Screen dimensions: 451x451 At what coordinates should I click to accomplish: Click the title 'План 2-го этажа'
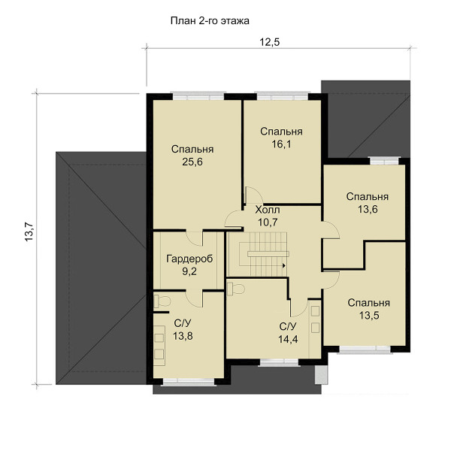210,21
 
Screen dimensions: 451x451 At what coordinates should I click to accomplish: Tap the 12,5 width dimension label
270,42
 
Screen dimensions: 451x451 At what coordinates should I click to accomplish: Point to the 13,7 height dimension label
29,232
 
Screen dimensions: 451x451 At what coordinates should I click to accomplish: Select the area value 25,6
192,162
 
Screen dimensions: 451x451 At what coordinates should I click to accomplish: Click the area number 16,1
281,144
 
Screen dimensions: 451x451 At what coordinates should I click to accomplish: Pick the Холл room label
268,210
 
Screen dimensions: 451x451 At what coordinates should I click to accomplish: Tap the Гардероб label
189,259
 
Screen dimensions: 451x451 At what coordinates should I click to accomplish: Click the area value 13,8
183,336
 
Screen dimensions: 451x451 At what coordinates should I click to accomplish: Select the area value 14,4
288,339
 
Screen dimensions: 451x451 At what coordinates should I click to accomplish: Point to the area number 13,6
368,209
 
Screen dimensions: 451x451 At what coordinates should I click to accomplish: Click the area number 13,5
369,316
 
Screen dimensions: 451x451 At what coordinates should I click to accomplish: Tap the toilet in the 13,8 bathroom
162,301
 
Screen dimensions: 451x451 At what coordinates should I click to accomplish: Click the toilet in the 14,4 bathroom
235,289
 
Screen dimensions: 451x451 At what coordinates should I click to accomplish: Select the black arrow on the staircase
284,266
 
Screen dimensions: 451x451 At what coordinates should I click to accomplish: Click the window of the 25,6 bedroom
198,95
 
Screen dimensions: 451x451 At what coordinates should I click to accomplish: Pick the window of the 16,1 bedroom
283,95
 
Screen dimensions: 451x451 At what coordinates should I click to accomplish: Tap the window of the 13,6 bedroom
385,161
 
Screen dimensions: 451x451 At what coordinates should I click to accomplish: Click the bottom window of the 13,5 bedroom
365,350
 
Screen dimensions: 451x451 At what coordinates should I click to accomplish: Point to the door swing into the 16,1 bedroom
253,195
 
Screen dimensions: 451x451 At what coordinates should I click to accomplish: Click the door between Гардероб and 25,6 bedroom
195,238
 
